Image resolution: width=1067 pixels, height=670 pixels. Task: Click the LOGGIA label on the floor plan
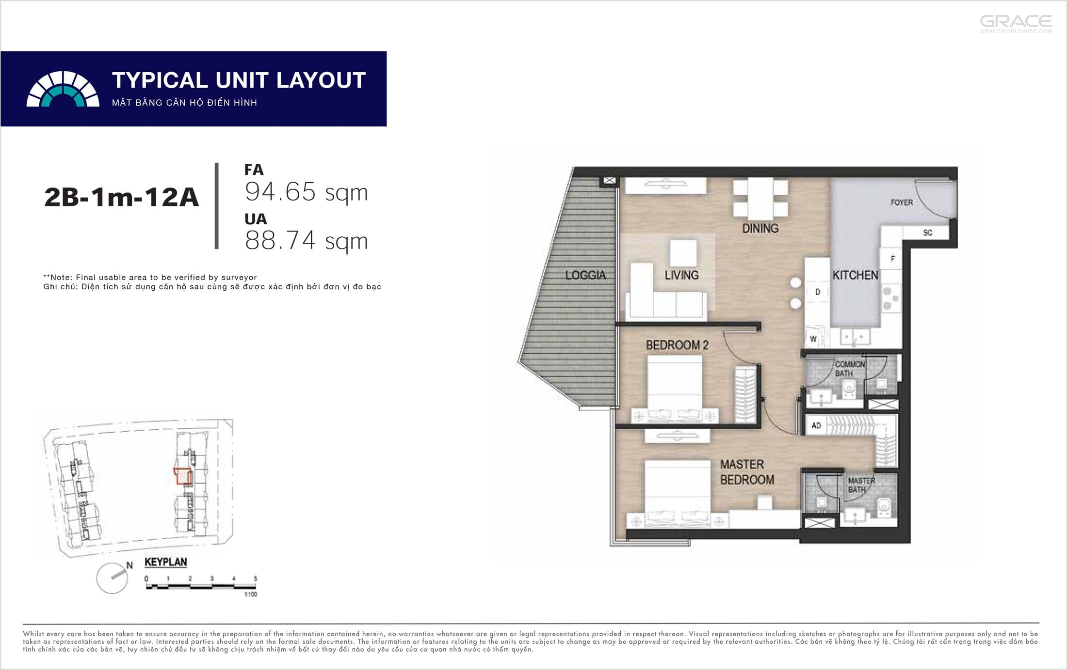point(585,275)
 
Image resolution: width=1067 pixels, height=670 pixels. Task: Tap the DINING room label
point(760,228)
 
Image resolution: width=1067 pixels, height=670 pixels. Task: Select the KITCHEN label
point(855,275)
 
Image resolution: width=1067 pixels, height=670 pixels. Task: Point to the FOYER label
point(902,203)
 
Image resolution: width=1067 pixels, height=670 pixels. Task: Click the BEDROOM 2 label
point(677,345)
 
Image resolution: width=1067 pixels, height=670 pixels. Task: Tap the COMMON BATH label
point(850,369)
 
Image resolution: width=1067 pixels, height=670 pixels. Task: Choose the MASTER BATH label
point(861,485)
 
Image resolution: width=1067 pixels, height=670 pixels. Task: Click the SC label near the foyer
point(928,233)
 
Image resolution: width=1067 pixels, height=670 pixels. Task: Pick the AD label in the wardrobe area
point(816,425)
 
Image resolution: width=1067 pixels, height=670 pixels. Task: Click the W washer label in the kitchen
point(813,339)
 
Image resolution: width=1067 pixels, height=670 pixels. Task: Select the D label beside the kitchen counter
point(818,292)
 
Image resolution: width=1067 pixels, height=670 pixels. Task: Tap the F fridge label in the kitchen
point(892,259)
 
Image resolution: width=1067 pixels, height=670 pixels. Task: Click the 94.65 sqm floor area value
point(307,192)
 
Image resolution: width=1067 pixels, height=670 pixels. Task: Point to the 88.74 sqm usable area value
point(307,240)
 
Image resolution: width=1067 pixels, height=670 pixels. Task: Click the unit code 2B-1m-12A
point(121,197)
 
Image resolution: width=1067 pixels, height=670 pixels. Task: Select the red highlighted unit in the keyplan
point(183,477)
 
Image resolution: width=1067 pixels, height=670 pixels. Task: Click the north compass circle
point(112,578)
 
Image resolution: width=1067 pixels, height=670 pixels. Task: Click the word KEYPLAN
point(166,562)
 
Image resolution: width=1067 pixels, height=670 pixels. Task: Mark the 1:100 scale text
point(251,594)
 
